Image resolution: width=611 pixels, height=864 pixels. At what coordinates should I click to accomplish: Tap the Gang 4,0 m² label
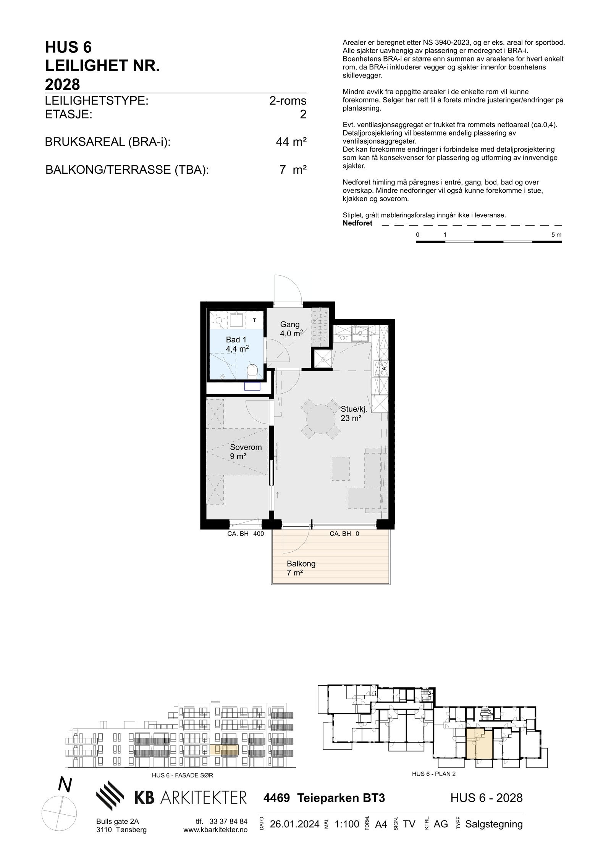(x=291, y=329)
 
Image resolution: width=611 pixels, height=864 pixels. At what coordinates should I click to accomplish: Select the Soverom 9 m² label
(x=245, y=451)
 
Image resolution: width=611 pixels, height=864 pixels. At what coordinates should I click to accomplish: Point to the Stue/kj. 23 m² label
(x=353, y=414)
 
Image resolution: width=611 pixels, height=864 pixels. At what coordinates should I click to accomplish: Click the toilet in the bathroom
(x=252, y=370)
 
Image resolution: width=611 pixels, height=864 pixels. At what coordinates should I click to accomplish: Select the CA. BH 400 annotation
(x=245, y=534)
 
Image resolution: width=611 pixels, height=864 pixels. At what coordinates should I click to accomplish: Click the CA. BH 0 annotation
(x=344, y=534)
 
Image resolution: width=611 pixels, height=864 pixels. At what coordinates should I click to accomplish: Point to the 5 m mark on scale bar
(x=556, y=235)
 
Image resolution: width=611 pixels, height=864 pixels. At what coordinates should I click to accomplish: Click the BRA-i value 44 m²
(x=291, y=142)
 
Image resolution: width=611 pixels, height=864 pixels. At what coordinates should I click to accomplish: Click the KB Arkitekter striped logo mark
(x=110, y=796)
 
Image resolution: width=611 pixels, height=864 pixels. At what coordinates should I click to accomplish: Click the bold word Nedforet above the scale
(x=357, y=224)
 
